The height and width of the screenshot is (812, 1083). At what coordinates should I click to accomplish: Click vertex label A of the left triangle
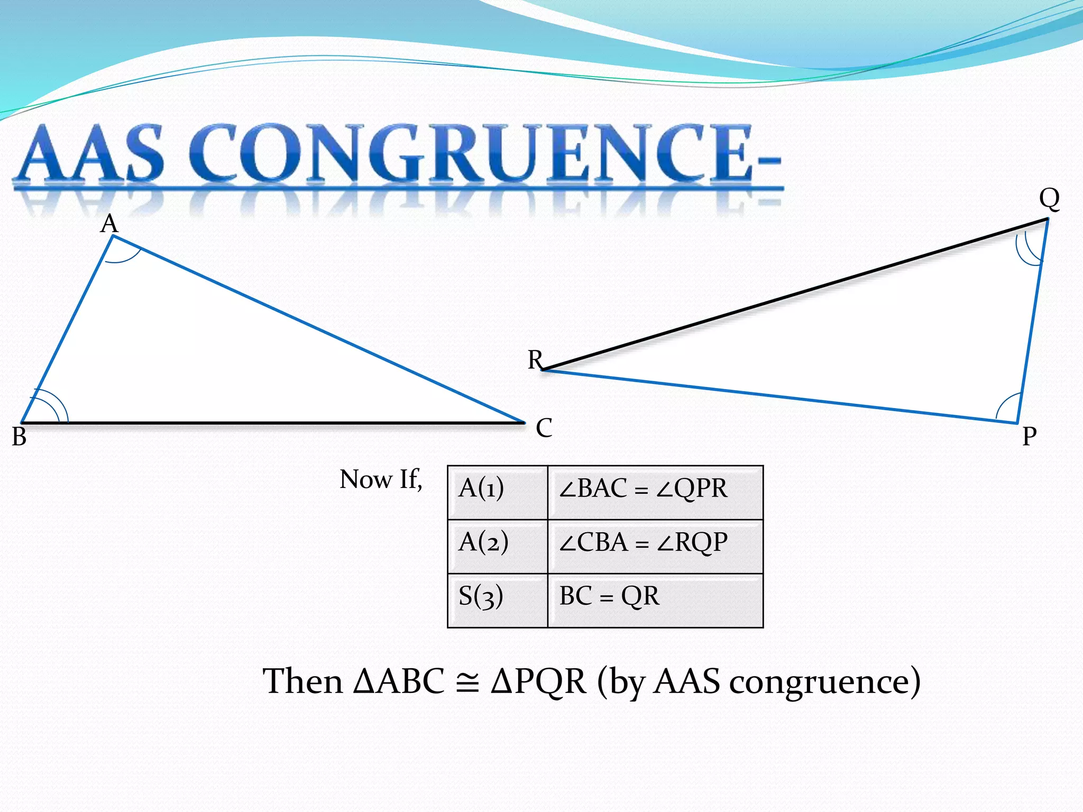[109, 224]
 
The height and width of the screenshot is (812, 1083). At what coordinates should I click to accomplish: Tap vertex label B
[19, 437]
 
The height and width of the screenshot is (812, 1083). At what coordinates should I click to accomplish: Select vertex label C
[544, 428]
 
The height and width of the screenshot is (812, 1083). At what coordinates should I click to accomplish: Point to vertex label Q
[1049, 199]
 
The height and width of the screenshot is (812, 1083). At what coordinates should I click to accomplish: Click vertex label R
[535, 360]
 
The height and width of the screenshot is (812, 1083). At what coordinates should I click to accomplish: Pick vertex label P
[1029, 437]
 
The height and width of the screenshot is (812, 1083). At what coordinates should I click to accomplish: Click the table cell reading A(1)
[497, 492]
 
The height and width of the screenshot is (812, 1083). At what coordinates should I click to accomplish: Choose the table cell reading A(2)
[497, 546]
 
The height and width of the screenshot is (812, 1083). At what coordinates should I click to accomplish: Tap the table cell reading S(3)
[497, 600]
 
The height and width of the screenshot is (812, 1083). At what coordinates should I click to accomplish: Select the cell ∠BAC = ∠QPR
[655, 492]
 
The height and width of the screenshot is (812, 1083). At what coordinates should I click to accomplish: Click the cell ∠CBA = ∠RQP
[655, 546]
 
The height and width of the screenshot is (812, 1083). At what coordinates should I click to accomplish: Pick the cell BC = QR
[655, 600]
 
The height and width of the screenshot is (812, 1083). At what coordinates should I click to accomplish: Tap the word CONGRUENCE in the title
[476, 153]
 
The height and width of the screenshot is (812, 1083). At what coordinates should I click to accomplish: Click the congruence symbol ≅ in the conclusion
[467, 682]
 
